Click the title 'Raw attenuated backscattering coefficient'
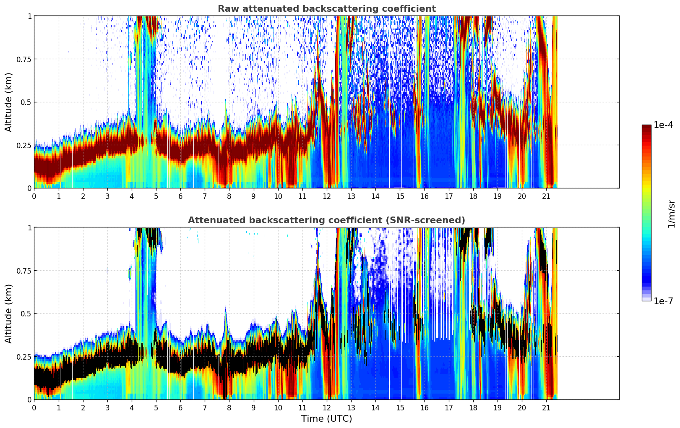[326, 9]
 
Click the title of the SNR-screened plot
[326, 220]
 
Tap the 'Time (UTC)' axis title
[326, 419]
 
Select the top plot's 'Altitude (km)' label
[9, 102]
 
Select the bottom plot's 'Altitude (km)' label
[9, 313]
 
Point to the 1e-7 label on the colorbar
[663, 301]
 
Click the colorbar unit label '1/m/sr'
[671, 214]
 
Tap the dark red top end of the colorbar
[646, 127]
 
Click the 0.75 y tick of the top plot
[24, 59]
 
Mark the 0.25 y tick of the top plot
[24, 145]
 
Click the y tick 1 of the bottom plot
[29, 228]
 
